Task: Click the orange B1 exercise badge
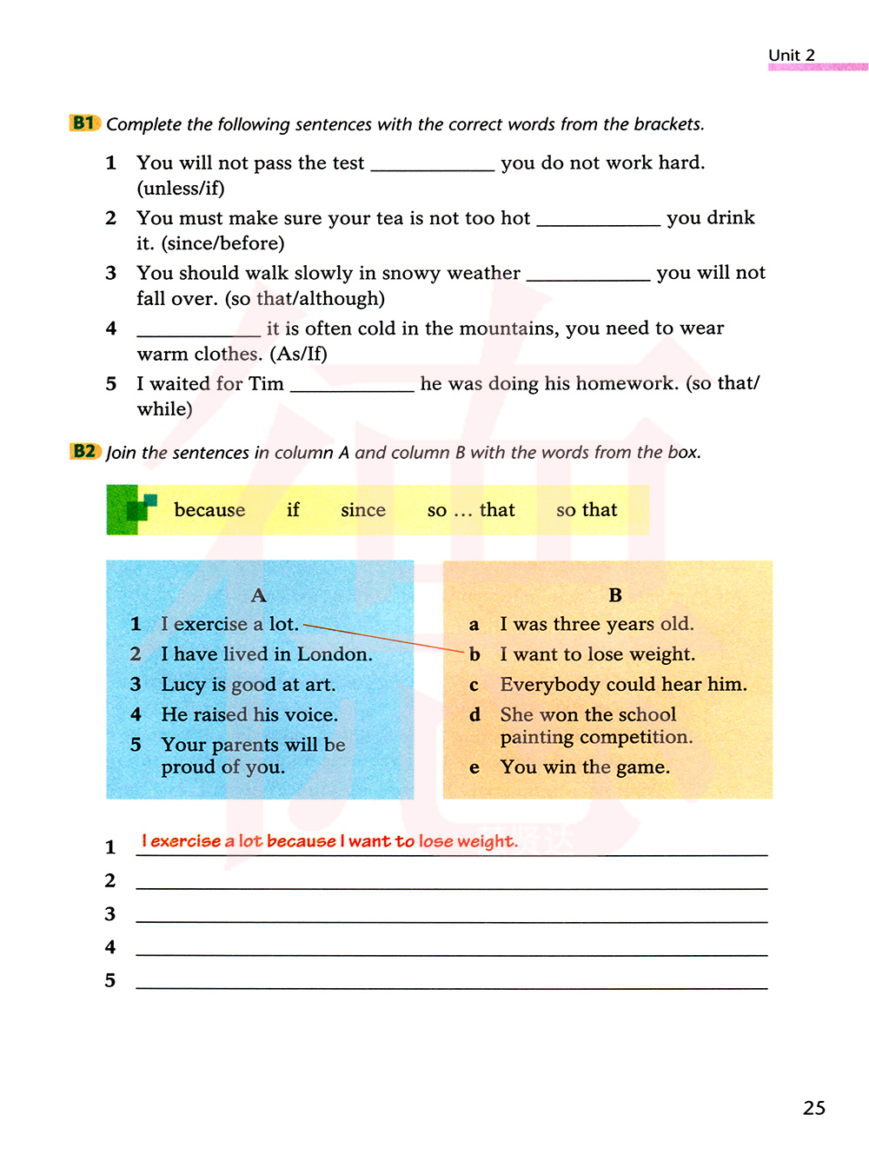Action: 84,123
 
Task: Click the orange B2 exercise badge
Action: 84,452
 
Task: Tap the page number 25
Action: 814,1108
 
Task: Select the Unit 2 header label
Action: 792,56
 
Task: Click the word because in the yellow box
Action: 209,510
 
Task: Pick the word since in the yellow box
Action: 363,510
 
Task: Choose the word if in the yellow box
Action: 293,510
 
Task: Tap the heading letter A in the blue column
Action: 258,595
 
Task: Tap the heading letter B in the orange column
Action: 615,595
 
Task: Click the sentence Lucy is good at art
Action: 248,685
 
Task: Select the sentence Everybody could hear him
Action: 623,685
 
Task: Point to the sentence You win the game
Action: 585,767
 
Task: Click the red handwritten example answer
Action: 329,841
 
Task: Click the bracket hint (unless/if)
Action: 181,189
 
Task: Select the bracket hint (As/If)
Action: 298,355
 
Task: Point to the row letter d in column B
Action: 474,715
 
